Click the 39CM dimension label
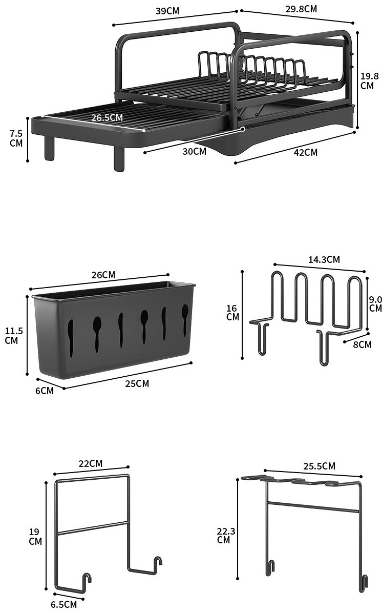click(167, 11)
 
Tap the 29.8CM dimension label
click(301, 9)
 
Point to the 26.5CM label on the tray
click(107, 117)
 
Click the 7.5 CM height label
click(16, 138)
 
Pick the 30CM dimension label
click(194, 151)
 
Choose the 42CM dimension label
click(306, 152)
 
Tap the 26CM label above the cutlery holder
click(103, 275)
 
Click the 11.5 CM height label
click(14, 335)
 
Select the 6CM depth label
click(45, 390)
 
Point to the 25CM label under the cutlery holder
click(137, 384)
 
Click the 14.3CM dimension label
click(324, 259)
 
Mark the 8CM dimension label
click(363, 344)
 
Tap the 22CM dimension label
click(91, 463)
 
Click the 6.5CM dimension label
click(63, 605)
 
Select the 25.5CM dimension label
click(319, 466)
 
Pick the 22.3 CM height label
click(226, 535)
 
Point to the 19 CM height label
click(35, 536)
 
